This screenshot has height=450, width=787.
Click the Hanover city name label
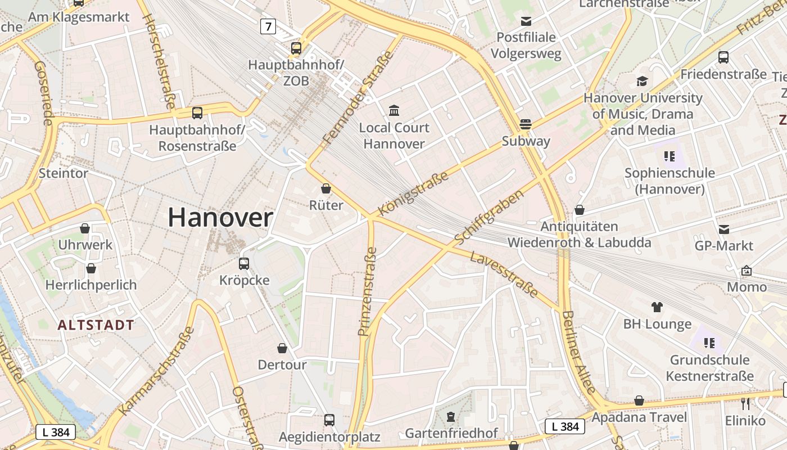tap(220, 218)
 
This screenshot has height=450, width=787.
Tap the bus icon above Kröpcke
tap(244, 263)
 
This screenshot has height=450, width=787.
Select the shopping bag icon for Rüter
tap(326, 188)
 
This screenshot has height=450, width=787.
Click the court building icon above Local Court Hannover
tap(394, 110)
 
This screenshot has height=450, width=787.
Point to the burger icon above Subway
tap(526, 124)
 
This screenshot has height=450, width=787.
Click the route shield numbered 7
tap(268, 26)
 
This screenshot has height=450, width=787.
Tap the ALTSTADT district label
tap(96, 325)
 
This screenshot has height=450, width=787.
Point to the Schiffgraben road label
tap(489, 217)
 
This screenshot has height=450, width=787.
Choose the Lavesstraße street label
tap(504, 274)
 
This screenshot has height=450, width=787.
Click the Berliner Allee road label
tap(578, 352)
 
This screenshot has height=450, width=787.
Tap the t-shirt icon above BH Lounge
tap(657, 307)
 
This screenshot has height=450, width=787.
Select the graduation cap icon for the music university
tap(642, 82)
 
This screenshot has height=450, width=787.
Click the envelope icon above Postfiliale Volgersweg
tap(526, 21)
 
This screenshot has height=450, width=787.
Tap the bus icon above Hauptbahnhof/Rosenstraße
tap(197, 112)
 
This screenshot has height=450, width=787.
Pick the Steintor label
tap(64, 173)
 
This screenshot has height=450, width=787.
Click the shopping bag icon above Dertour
tap(282, 348)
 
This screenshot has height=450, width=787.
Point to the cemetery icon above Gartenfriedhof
tap(451, 416)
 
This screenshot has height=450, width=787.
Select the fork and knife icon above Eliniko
tap(745, 403)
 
